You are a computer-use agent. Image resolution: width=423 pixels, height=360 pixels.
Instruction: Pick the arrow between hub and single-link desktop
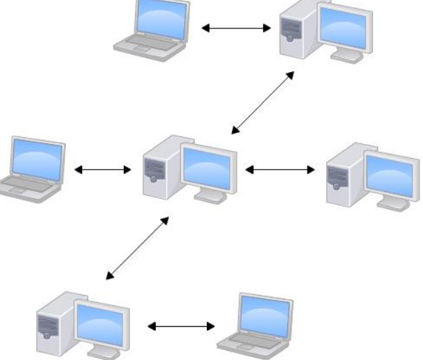pyautogui.click(x=280, y=168)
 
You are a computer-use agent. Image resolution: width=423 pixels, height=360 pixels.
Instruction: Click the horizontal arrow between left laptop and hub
pyautogui.click(x=102, y=169)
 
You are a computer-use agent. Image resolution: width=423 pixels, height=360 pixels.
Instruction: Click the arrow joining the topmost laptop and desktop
pyautogui.click(x=235, y=28)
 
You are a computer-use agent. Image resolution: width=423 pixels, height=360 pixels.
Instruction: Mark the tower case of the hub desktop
pyautogui.click(x=157, y=169)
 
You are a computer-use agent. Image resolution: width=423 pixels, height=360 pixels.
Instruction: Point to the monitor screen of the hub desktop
pyautogui.click(x=206, y=165)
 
